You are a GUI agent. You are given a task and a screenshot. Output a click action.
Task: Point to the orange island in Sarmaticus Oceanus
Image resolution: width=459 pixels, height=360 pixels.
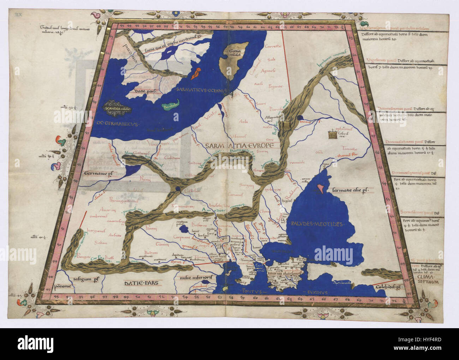tap(195, 73)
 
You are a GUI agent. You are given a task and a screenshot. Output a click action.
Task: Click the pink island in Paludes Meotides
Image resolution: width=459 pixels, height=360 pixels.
tap(321, 188)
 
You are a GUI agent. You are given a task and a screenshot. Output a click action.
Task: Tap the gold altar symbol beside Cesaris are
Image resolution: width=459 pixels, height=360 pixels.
tap(332, 135)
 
